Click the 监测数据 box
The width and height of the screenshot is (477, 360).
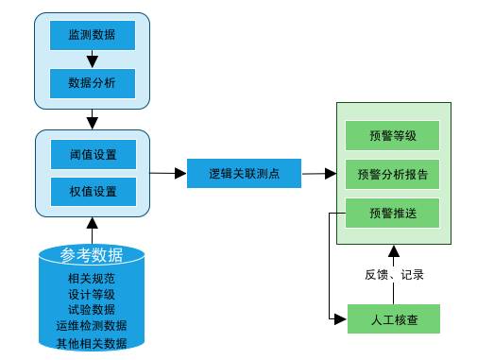click(93, 35)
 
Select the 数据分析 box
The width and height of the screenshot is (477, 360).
click(93, 82)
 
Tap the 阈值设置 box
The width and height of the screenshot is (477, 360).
click(93, 154)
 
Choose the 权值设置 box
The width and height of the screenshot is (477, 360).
click(93, 191)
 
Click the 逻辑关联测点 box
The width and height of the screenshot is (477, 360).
click(244, 172)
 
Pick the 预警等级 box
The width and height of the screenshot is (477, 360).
click(393, 135)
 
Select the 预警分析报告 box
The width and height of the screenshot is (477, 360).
click(393, 174)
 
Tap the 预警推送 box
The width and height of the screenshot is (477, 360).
click(393, 213)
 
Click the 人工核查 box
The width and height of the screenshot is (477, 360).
click(394, 318)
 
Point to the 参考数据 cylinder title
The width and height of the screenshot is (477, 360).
click(92, 255)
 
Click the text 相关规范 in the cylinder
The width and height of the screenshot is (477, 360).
click(92, 279)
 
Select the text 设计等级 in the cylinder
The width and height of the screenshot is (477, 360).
click(92, 294)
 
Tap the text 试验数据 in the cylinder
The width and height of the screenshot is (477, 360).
click(92, 309)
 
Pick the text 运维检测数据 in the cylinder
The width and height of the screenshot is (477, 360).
click(92, 325)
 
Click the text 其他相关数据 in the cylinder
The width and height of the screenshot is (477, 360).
click(92, 343)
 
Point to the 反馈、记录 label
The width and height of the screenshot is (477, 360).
click(394, 275)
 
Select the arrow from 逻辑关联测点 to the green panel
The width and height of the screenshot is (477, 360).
click(319, 173)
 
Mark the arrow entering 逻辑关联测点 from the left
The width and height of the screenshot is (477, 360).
click(167, 172)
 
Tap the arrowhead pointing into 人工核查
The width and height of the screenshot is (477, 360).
click(342, 318)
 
